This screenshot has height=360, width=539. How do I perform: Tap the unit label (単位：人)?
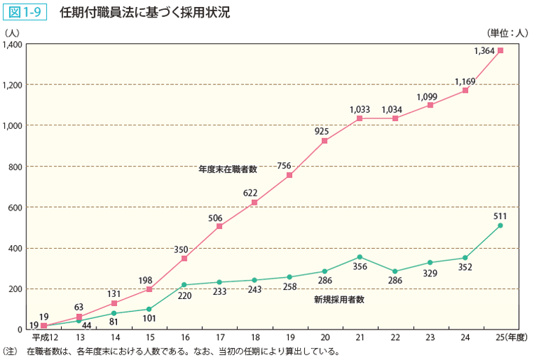[x=508, y=32]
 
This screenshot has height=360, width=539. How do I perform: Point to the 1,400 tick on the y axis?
[x=13, y=45]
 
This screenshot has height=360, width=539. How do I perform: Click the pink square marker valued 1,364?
[x=501, y=50]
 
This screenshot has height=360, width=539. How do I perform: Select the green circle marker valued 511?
[x=501, y=225]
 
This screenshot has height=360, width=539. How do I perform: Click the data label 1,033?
[x=360, y=109]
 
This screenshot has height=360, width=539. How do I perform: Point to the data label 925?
[x=324, y=131]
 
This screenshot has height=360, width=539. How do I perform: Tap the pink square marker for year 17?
[x=219, y=226]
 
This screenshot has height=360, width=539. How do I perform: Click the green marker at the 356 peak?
[x=360, y=257]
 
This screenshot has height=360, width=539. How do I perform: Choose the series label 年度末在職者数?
[x=227, y=170]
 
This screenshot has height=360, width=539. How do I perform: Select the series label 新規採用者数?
[x=339, y=300]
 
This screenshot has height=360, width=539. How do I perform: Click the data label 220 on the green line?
[x=184, y=297]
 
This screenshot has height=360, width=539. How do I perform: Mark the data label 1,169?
[x=465, y=81]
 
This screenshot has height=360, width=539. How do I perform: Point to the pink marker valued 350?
[x=184, y=258]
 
